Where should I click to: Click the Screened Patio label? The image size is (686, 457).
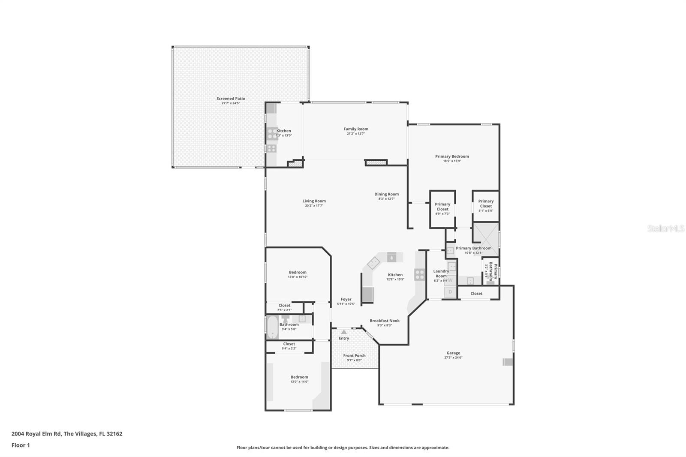coord(231,99)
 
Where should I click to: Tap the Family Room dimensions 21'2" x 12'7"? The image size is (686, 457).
coord(355,134)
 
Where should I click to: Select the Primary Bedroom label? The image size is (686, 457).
coord(452,156)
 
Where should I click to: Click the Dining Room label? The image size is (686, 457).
coord(386,194)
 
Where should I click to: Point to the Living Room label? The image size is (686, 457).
coord(314,201)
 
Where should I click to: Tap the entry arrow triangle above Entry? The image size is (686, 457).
coord(344,332)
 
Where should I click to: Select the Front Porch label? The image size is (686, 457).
coord(354,355)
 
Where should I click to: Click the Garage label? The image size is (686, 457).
coord(453,353)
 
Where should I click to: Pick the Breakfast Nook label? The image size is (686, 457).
coord(385,321)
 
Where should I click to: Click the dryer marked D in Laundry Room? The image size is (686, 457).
coord(450,292)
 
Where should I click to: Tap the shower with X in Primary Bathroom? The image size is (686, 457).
coord(486,239)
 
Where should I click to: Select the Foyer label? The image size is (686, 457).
coord(346,299)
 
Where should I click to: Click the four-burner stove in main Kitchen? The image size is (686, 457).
coord(419,274)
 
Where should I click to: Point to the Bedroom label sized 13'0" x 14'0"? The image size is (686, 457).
coord(299,377)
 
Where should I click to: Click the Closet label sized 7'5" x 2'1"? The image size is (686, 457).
coord(284,306)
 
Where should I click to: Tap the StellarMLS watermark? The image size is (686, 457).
coord(665,229)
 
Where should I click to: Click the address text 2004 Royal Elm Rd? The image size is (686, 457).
coord(36,434)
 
